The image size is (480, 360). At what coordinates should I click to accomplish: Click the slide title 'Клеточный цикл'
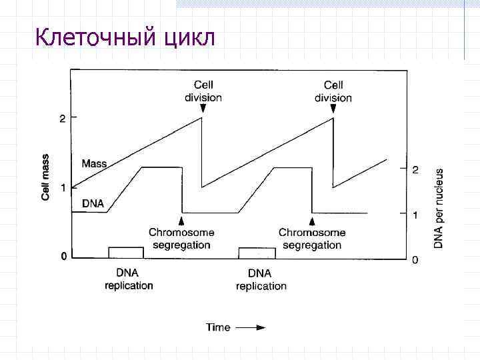pos(125,37)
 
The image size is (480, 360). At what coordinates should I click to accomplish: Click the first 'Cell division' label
pos(203,91)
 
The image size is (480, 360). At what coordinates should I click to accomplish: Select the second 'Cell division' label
pos(333,91)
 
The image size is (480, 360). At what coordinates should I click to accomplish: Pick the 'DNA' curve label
pos(93,203)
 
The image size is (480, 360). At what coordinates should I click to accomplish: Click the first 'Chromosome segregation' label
pos(181,239)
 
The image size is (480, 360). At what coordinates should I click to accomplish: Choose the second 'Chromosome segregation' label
pos(312,239)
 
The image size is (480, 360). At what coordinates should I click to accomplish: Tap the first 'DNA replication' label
pos(129,279)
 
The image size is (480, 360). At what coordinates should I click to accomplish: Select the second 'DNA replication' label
pos(261,279)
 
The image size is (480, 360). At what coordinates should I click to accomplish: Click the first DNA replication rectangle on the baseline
pos(126,252)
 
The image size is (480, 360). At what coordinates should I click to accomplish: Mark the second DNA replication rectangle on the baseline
pos(257,252)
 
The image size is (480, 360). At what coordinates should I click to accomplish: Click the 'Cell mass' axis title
pos(46,175)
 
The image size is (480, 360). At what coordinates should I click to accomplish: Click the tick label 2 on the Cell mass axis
pos(63,119)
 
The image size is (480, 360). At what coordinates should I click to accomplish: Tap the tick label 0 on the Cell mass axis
pos(63,256)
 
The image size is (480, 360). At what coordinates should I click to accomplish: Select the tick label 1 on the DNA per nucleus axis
pos(415,215)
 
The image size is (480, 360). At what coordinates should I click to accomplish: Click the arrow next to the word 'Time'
pos(251,327)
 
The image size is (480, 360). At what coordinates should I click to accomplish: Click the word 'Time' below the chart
pos(218,327)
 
